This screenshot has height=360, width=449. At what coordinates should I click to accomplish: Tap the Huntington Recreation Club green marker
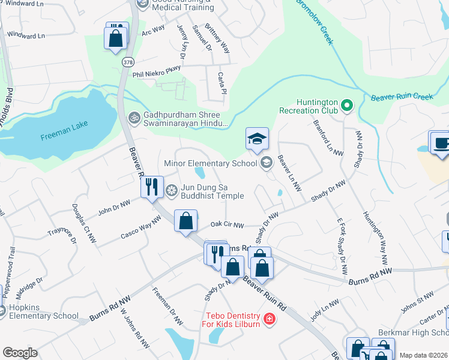tap(346, 107)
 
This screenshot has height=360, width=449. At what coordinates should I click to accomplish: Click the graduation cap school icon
tap(257, 139)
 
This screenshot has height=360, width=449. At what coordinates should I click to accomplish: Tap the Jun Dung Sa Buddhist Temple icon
tap(172, 190)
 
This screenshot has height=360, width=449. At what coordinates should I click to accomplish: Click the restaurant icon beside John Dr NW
tap(152, 187)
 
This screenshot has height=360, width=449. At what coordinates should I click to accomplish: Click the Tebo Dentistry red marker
tap(270, 318)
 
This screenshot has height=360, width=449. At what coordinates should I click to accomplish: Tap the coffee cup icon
tap(441, 143)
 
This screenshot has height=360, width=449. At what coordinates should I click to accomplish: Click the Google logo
tap(20, 353)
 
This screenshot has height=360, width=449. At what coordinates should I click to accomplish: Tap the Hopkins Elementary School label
tap(40, 311)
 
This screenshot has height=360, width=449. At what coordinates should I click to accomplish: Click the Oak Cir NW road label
tap(228, 226)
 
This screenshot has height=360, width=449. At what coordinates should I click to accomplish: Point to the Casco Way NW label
tap(140, 228)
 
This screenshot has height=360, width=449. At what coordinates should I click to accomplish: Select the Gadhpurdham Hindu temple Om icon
tap(134, 116)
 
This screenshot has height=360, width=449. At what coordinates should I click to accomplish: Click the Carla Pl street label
tap(222, 83)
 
